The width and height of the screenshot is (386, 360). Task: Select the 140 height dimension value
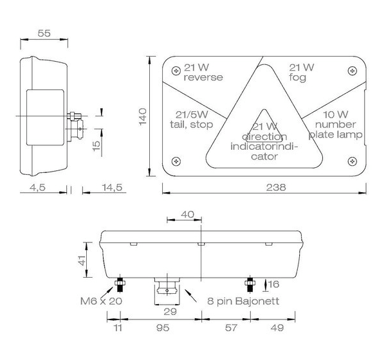(143, 116)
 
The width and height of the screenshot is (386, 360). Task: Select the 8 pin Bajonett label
(242, 300)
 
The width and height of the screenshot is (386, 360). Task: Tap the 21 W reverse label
(202, 73)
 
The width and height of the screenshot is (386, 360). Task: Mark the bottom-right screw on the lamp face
(351, 159)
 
